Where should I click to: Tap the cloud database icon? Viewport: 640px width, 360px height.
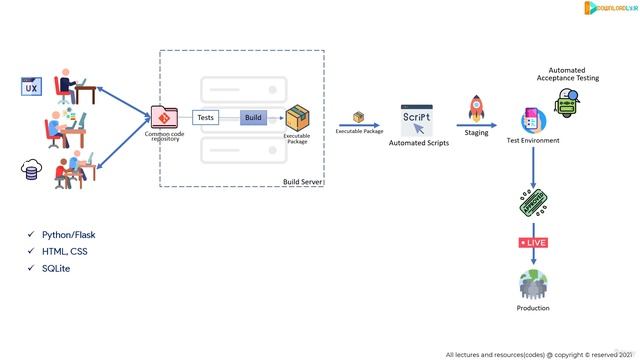pyautogui.click(x=29, y=170)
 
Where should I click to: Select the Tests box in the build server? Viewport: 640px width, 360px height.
pyautogui.click(x=205, y=118)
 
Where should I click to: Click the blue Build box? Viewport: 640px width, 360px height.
pyautogui.click(x=254, y=118)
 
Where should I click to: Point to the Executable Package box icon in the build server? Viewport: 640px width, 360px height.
pyautogui.click(x=297, y=119)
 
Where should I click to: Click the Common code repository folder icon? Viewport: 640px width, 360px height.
pyautogui.click(x=163, y=118)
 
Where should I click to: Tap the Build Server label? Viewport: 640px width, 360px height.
pyautogui.click(x=303, y=182)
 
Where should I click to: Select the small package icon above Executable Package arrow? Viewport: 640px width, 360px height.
pyautogui.click(x=359, y=117)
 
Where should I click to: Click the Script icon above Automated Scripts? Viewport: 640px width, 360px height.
pyautogui.click(x=418, y=118)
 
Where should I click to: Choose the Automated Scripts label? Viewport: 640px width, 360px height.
pyautogui.click(x=418, y=143)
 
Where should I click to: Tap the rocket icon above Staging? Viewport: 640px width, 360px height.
pyautogui.click(x=476, y=108)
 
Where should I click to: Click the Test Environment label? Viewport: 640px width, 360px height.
pyautogui.click(x=533, y=140)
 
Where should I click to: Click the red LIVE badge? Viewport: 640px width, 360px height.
pyautogui.click(x=533, y=242)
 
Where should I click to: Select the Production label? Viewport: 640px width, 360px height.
pyautogui.click(x=533, y=308)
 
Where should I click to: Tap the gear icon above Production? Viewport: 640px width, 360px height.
pyautogui.click(x=533, y=284)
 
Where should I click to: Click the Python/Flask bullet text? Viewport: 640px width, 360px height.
pyautogui.click(x=69, y=235)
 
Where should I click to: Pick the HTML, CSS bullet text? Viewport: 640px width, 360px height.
pyautogui.click(x=65, y=252)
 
